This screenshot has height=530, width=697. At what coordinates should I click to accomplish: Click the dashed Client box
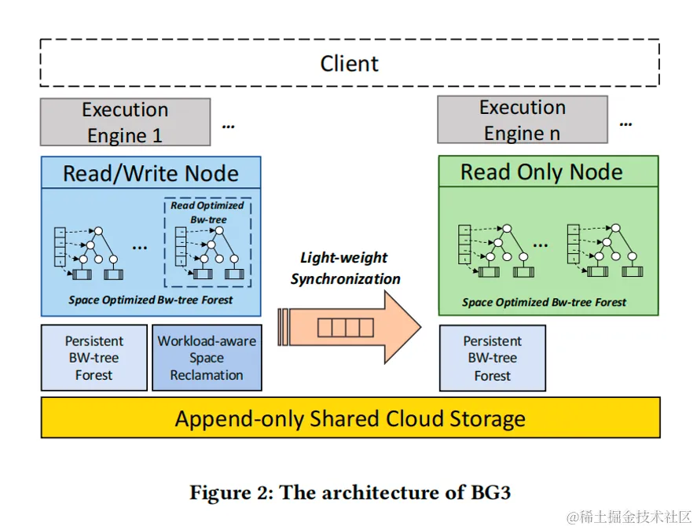[349, 63]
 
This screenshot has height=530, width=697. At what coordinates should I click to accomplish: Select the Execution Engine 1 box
[125, 122]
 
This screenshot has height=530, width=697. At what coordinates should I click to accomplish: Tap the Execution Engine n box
[522, 120]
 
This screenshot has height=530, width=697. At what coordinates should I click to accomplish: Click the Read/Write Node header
[150, 172]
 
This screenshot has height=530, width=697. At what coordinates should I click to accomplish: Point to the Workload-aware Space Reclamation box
[207, 358]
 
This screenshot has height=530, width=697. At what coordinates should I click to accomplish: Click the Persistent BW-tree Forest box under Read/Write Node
[94, 358]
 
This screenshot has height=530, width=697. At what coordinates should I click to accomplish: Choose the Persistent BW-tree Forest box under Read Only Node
[492, 358]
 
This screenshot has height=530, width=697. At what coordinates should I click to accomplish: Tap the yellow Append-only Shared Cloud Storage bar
[350, 418]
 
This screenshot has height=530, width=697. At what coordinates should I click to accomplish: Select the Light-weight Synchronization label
[345, 268]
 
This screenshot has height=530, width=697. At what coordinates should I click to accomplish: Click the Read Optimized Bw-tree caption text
[207, 212]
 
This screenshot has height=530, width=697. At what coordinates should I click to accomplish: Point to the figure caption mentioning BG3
[350, 492]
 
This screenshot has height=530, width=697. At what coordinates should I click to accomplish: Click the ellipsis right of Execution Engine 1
[228, 124]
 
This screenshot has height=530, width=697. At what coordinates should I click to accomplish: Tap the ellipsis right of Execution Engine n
[625, 123]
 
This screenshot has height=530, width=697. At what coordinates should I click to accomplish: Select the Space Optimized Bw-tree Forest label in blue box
[150, 300]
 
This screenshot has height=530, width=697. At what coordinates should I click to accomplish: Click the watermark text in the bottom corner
[629, 517]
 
